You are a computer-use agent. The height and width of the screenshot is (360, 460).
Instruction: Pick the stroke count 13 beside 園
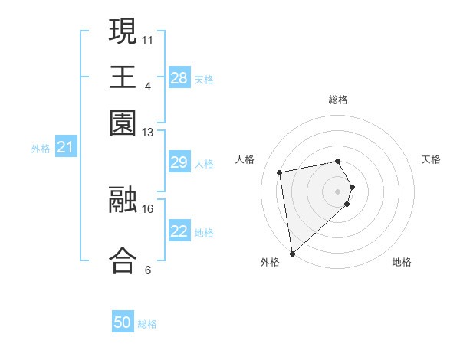pyautogui.click(x=148, y=133)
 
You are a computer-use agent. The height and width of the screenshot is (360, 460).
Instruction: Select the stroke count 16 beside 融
pyautogui.click(x=148, y=208)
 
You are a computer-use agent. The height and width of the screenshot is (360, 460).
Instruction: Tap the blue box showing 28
pyautogui.click(x=179, y=78)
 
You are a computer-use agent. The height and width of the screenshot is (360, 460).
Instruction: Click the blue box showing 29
pyautogui.click(x=179, y=162)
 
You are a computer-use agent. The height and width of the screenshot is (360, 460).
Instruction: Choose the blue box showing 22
pyautogui.click(x=179, y=231)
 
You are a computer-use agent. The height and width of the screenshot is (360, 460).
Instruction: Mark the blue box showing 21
pyautogui.click(x=65, y=147)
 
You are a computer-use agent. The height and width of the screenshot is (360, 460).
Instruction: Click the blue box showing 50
pyautogui.click(x=123, y=323)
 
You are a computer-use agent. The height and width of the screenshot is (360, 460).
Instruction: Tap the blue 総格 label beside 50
pyautogui.click(x=147, y=325)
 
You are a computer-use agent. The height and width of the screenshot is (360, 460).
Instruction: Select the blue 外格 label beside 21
pyautogui.click(x=41, y=149)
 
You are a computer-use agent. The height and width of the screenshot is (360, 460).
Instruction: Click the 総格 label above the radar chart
pyautogui.click(x=338, y=100)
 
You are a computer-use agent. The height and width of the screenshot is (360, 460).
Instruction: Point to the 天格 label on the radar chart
pyautogui.click(x=431, y=159)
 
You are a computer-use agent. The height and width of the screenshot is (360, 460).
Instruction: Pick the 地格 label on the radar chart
pyautogui.click(x=402, y=262)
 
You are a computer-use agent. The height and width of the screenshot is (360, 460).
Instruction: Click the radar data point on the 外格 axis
pyautogui.click(x=292, y=253)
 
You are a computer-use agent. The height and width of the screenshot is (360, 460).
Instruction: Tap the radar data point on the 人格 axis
pyautogui.click(x=280, y=172)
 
